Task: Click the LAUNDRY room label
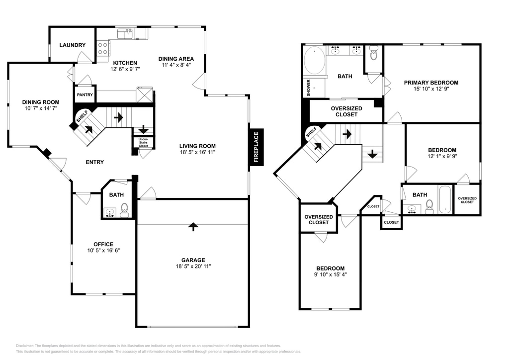click(73, 45)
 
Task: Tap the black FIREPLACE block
click(256, 147)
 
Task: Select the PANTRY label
click(85, 95)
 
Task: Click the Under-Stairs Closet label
click(143, 143)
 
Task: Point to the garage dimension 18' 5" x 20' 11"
click(193, 266)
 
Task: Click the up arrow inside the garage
click(193, 227)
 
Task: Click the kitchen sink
click(125, 34)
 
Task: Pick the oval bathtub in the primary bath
click(314, 60)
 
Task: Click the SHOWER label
click(308, 88)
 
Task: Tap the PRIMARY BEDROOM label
click(431, 83)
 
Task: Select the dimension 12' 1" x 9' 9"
click(442, 156)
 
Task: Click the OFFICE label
click(103, 245)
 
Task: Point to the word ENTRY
click(95, 162)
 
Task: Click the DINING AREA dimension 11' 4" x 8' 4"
click(176, 65)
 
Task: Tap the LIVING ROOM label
click(197, 146)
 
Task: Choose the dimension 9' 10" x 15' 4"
click(331, 274)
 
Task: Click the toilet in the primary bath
click(374, 53)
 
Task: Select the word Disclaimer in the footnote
click(24, 346)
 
